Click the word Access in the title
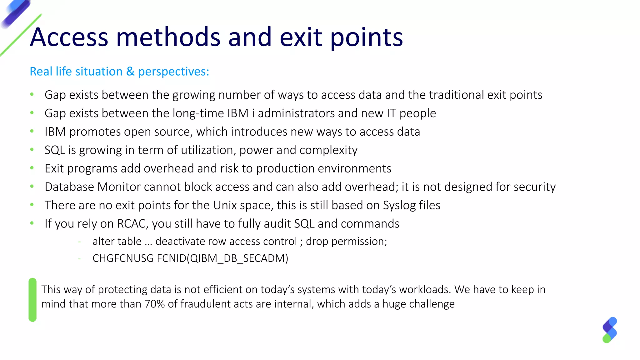69,37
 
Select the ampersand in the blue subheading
130,72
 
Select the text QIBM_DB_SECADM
237,258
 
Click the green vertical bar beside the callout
32,300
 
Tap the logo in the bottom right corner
610,330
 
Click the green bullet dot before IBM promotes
32,131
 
